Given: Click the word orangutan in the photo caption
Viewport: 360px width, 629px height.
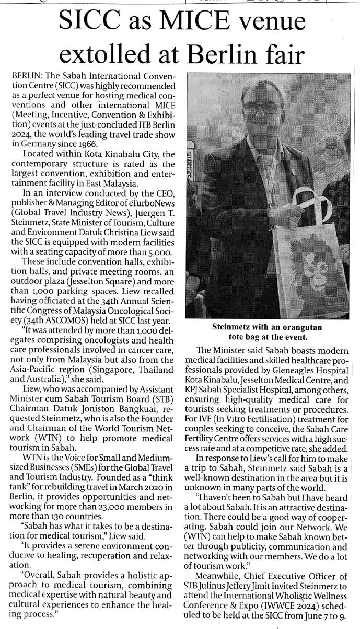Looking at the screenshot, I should [x=299, y=327].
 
